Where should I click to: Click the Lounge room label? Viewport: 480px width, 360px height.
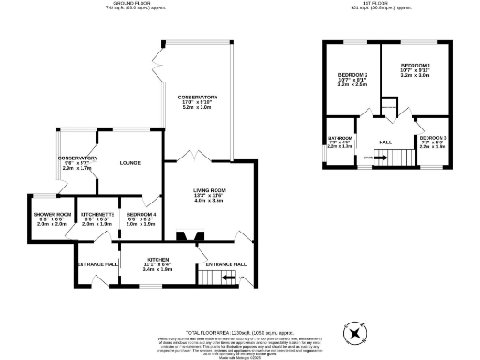[x=129, y=163]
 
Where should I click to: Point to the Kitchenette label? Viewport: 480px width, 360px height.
[x=97, y=214]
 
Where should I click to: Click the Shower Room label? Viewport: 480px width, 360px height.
[x=52, y=214]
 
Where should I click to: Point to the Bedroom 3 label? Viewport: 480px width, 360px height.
[x=432, y=138]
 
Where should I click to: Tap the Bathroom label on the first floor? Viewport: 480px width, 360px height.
[x=339, y=137]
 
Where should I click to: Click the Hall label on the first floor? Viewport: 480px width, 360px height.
[x=384, y=142]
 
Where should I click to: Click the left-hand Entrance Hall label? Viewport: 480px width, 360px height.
[x=97, y=265]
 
